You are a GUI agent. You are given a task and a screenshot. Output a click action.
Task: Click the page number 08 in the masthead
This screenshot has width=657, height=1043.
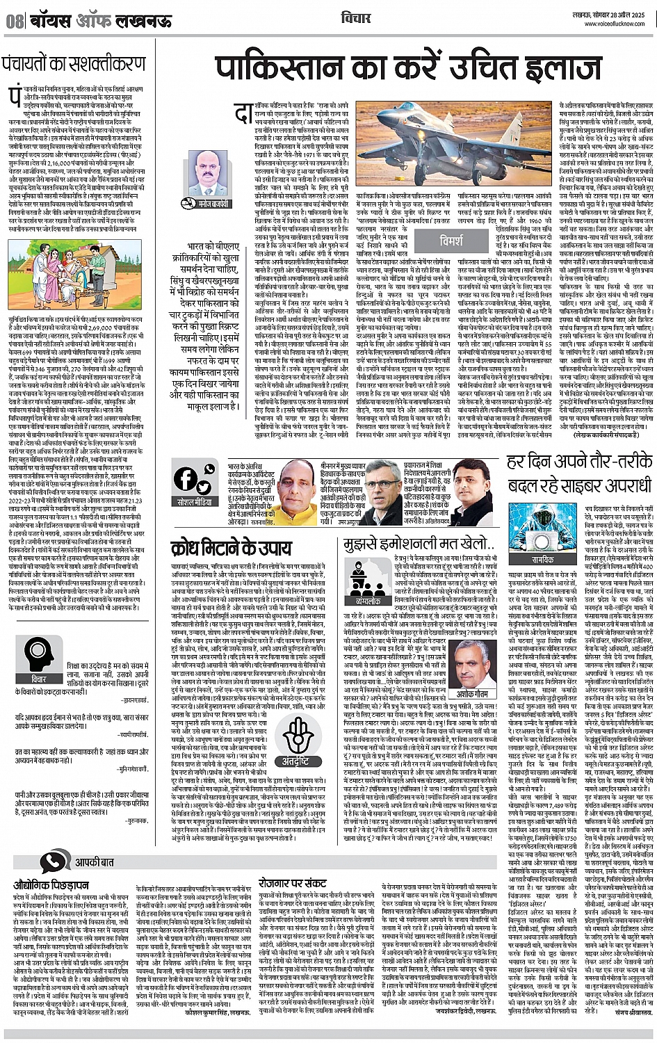(x=15, y=21)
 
